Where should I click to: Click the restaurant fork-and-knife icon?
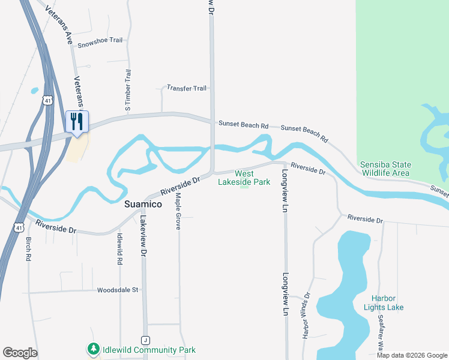[77, 121]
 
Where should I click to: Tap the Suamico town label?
[143, 204]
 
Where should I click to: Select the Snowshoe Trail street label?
[100, 40]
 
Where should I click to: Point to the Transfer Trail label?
[187, 88]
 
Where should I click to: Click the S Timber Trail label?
[128, 91]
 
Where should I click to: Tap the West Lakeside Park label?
[244, 178]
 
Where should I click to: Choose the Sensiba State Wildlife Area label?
[385, 169]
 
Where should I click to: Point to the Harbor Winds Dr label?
[306, 316]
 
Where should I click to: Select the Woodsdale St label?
[118, 290]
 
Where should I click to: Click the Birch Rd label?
[28, 249]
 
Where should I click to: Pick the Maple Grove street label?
[178, 212]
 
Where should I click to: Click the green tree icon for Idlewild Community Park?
[93, 349]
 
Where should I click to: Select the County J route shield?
[145, 340]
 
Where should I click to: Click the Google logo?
[20, 353]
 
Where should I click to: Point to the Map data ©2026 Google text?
[412, 355]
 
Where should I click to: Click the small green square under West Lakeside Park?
[244, 187]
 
